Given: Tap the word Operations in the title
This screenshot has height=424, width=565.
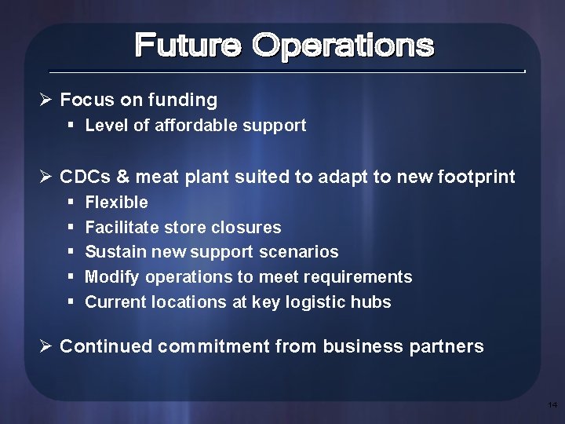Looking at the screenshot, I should point(342,46).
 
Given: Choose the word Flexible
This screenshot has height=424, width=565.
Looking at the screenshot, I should point(116,203).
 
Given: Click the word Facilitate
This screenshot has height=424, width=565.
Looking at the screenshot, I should point(120,228).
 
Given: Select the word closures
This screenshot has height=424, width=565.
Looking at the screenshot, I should point(249,228).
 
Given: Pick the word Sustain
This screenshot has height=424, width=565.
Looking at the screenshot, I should point(111,252).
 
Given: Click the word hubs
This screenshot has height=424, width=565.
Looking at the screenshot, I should point(373,302).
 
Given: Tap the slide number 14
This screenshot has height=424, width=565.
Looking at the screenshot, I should point(552,405).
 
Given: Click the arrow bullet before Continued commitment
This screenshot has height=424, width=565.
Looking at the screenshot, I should point(46,346).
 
